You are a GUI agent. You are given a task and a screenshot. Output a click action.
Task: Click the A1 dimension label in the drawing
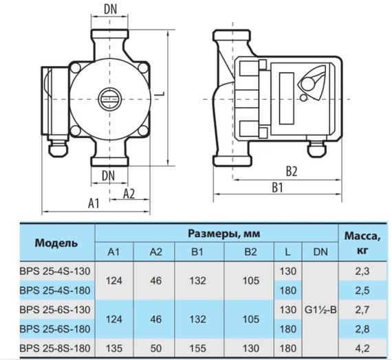pos(94,203)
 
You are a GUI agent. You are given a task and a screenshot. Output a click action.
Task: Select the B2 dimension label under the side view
pos(292,170)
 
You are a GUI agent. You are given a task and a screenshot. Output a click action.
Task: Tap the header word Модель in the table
pos(56,243)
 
